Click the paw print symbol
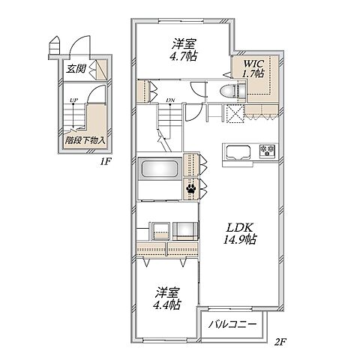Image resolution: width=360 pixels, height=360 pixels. coord(191,189)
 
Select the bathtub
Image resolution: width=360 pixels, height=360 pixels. coord(160,169)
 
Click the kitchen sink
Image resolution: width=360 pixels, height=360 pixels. coord(238,151)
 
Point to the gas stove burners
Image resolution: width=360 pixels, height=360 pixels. coord(267,150)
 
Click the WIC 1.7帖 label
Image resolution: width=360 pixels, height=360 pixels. coord(253,68)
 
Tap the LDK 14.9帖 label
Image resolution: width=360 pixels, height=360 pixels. coord(239,233)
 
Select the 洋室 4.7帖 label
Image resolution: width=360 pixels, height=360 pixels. coord(184,50)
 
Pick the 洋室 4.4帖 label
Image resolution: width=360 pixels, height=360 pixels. coord(167,298)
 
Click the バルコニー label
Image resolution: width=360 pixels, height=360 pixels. coord(232,325)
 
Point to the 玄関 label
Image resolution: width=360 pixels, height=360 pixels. coord(76,68)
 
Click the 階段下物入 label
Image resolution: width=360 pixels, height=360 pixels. coord(85,140)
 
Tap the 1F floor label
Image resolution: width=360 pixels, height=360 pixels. coord(106,162)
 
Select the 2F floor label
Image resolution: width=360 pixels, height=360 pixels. coord(280,342)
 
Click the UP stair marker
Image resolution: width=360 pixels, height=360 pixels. coord(73,100)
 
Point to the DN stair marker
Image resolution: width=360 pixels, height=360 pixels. coord(170,100)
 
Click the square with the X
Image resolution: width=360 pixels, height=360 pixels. coord(235,114)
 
